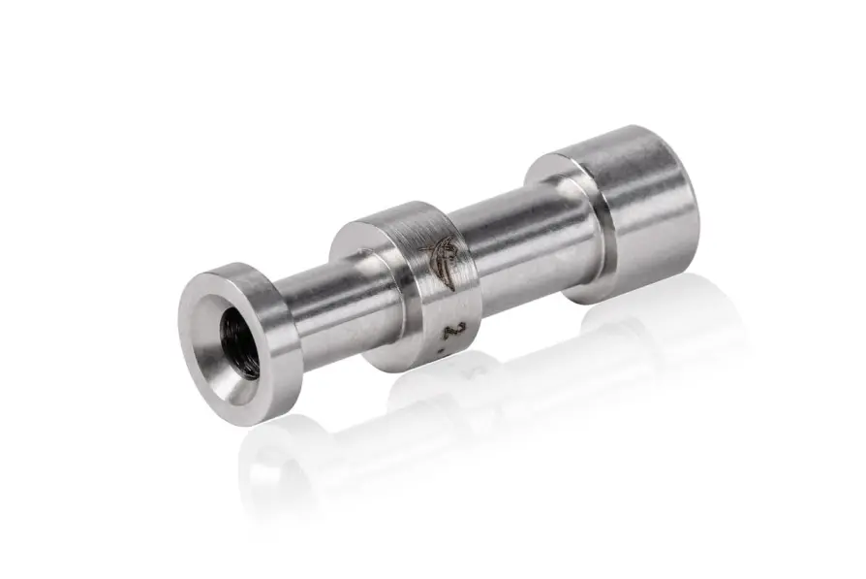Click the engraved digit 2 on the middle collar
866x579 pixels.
[448, 328]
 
